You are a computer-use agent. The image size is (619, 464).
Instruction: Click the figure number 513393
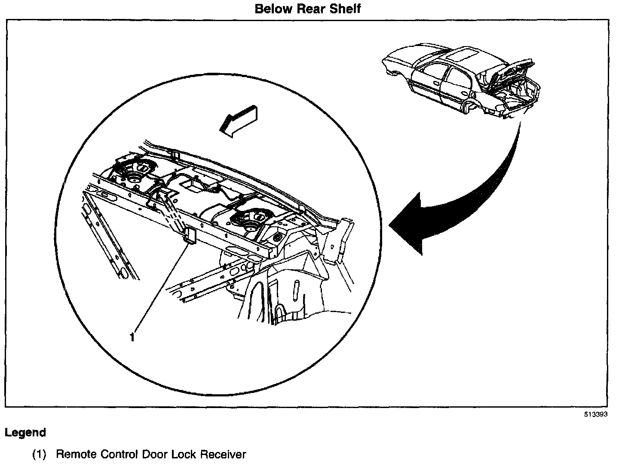tap(595, 415)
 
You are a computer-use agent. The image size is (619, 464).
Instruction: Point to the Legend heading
tap(25, 433)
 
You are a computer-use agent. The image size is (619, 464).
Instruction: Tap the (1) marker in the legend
tap(39, 455)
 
